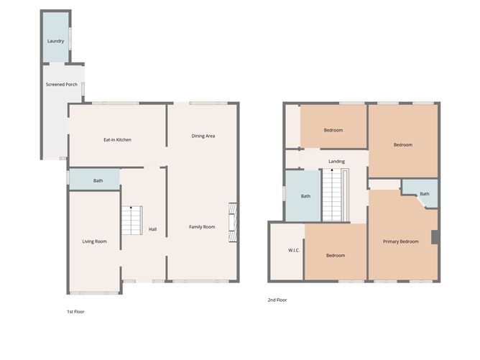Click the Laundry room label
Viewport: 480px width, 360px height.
point(55,41)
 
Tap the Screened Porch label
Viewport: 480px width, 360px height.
point(62,85)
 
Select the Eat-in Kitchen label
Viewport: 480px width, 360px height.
point(118,139)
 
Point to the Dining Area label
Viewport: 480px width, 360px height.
point(203,136)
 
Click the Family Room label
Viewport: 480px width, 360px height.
point(202,227)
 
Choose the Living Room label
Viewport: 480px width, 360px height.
point(95,241)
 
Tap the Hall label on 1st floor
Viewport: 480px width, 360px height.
point(153,229)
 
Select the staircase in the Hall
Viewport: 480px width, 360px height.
point(131,220)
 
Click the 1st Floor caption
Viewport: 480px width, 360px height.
point(75,312)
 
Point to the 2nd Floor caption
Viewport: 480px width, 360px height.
point(277,300)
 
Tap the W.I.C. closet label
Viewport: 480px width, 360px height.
point(293,251)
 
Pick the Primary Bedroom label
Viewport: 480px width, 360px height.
point(400,241)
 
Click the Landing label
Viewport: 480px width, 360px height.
point(337,162)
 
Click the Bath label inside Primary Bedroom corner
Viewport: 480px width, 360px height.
point(425,194)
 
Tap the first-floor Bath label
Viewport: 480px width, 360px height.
point(98,180)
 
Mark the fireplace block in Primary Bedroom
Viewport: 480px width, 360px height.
point(434,238)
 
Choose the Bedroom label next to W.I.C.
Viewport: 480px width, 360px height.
point(336,256)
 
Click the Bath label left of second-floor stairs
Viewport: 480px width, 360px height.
point(305,196)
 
